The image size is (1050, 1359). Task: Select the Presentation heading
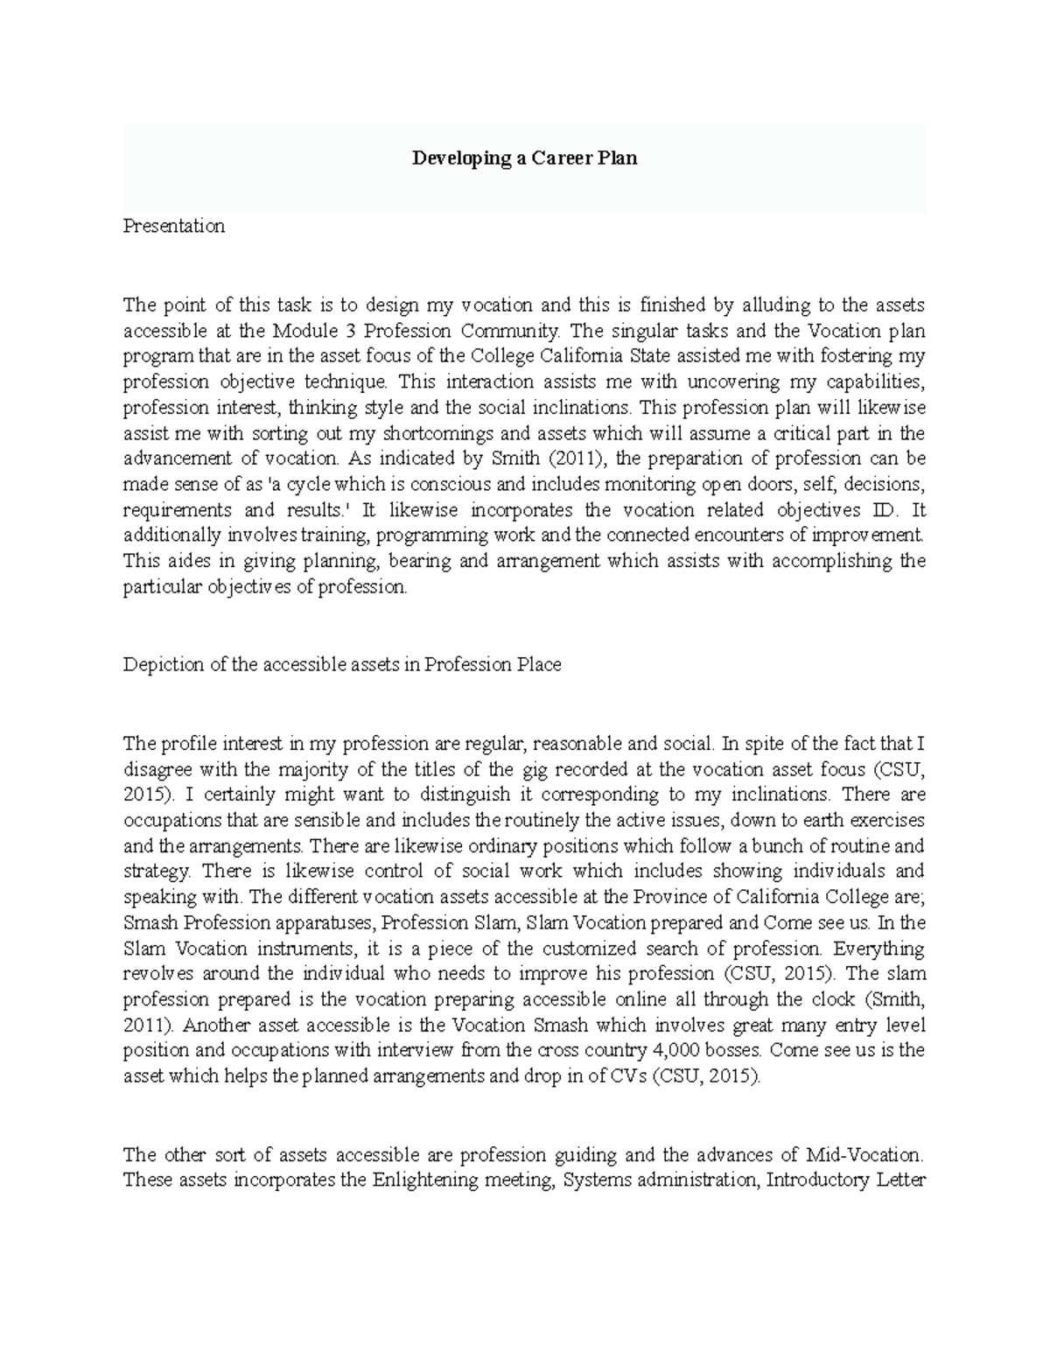(173, 226)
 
